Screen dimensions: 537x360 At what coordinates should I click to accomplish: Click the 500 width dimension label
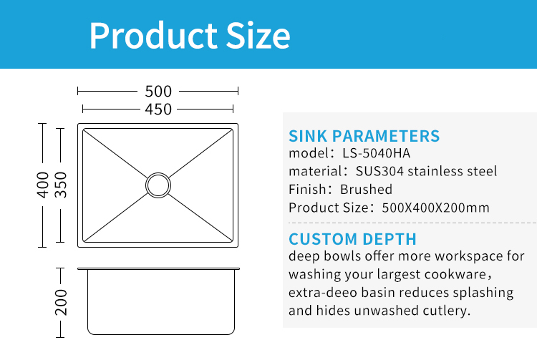(x=158, y=92)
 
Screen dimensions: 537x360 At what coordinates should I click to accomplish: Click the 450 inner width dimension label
(x=158, y=110)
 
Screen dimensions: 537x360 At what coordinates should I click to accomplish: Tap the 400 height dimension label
(x=43, y=185)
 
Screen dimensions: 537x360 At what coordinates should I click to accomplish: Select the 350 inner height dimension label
(x=61, y=185)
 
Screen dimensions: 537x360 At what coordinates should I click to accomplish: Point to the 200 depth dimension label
(x=61, y=302)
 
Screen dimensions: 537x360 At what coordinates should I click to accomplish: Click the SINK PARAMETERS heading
(x=364, y=136)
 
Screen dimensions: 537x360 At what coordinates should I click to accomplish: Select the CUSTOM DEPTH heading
(x=352, y=239)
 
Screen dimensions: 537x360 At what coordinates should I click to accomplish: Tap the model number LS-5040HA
(x=376, y=153)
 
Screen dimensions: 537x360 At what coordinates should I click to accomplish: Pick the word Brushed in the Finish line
(x=366, y=189)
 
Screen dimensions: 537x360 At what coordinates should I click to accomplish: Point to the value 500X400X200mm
(x=435, y=208)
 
